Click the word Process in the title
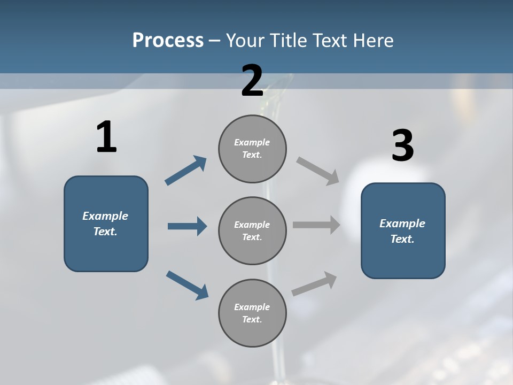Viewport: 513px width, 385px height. tap(168, 40)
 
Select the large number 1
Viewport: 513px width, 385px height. tap(106, 137)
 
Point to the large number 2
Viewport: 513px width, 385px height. tap(252, 81)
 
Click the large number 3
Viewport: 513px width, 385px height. tap(402, 146)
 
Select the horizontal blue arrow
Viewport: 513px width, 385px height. tap(187, 226)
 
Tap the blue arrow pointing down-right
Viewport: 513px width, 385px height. tap(187, 285)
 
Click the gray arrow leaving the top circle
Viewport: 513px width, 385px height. tap(318, 171)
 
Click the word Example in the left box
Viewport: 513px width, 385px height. tap(105, 216)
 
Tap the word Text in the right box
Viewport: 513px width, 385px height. tap(402, 239)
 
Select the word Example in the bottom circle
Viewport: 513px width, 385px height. tap(252, 307)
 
